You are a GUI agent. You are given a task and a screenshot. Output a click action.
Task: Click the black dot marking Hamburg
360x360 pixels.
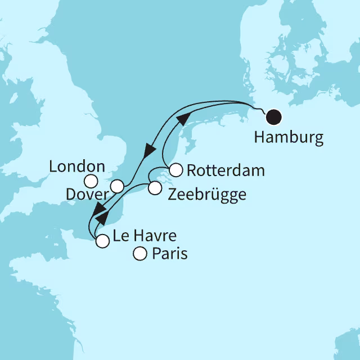coord(274,118)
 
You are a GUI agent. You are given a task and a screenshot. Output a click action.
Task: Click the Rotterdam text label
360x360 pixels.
coord(224,170)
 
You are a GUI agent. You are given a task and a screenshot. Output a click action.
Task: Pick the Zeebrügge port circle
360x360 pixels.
coord(154,189)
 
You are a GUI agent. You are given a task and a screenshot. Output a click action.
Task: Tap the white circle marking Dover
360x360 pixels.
coord(117,186)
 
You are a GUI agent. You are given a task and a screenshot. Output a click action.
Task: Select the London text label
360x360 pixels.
coord(77,166)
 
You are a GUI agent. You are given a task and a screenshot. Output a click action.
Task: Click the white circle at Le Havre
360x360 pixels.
coord(102,241)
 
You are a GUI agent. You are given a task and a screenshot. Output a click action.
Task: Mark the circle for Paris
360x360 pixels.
coord(139,255)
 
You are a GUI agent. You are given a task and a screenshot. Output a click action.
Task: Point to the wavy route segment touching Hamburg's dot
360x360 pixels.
coord(259,109)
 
